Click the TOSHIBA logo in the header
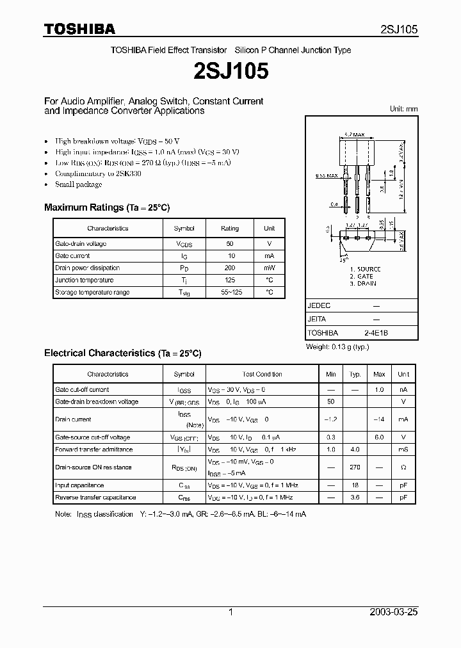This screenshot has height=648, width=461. click(x=79, y=29)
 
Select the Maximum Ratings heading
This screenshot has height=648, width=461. click(x=106, y=207)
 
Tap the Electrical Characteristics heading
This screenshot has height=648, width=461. click(x=122, y=353)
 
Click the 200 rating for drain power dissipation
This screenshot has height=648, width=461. click(x=230, y=268)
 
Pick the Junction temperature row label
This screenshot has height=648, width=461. click(x=85, y=280)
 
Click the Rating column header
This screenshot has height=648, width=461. click(x=230, y=228)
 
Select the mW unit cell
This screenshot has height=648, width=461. click(x=269, y=268)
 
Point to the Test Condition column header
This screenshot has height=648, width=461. click(x=262, y=374)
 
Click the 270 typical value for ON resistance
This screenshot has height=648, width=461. click(x=355, y=467)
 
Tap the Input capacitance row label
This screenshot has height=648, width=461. click(x=79, y=485)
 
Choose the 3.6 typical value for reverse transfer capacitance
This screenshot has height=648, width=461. click(x=355, y=498)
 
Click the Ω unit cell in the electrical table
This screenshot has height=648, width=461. click(x=403, y=467)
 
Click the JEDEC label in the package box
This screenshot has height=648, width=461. click(x=319, y=306)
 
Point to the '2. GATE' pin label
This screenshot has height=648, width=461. click(x=362, y=276)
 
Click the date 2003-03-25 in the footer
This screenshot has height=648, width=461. click(x=394, y=612)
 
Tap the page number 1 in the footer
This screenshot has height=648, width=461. click(x=230, y=612)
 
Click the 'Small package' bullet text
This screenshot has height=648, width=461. click(x=78, y=184)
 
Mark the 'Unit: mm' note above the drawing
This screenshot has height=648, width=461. click(x=403, y=109)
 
